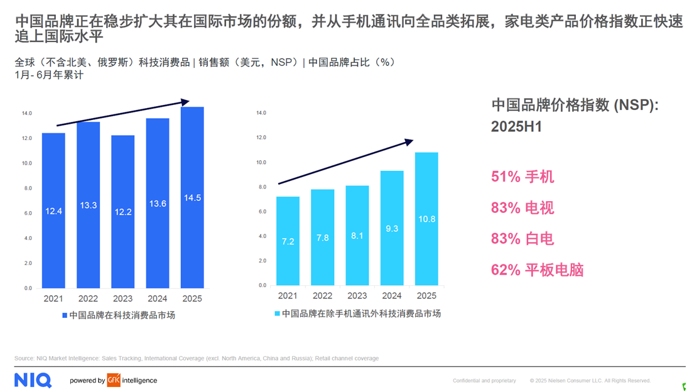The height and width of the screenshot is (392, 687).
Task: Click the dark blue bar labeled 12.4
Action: coord(53,210)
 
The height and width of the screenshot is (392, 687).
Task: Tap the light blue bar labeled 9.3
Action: coord(392,229)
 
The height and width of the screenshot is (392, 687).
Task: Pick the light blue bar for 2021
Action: coord(288,241)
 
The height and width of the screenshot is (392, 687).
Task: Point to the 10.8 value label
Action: coord(426,219)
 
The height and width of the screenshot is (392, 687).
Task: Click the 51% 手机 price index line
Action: coord(522,177)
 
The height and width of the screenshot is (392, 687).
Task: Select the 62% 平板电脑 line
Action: coord(537,270)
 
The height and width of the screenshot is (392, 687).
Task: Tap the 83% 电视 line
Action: coord(522,208)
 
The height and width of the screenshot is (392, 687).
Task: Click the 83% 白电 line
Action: coord(522,239)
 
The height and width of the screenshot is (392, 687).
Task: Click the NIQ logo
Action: coord(33,379)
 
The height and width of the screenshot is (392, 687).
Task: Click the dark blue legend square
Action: coord(64,315)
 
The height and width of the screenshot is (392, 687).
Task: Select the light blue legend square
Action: coord(277,313)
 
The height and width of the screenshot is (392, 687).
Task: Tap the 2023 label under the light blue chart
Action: coord(357,296)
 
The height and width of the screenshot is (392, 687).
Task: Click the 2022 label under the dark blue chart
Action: coord(88,298)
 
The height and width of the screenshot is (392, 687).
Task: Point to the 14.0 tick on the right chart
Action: coord(261,113)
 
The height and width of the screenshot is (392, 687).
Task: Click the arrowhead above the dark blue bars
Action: coord(185,101)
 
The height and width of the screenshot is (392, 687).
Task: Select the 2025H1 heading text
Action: coord(516,127)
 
